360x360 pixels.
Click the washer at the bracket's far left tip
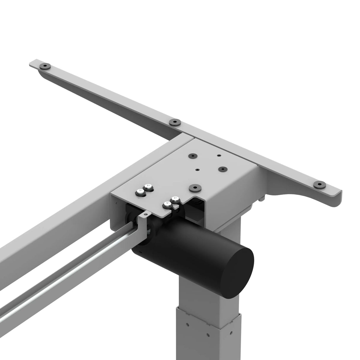coord(45,66)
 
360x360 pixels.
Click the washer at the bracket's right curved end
coord(319,185)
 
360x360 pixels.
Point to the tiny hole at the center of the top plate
coord(197,170)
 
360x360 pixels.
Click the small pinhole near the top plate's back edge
coord(219,155)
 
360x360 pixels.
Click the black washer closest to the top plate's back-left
coord(194,156)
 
